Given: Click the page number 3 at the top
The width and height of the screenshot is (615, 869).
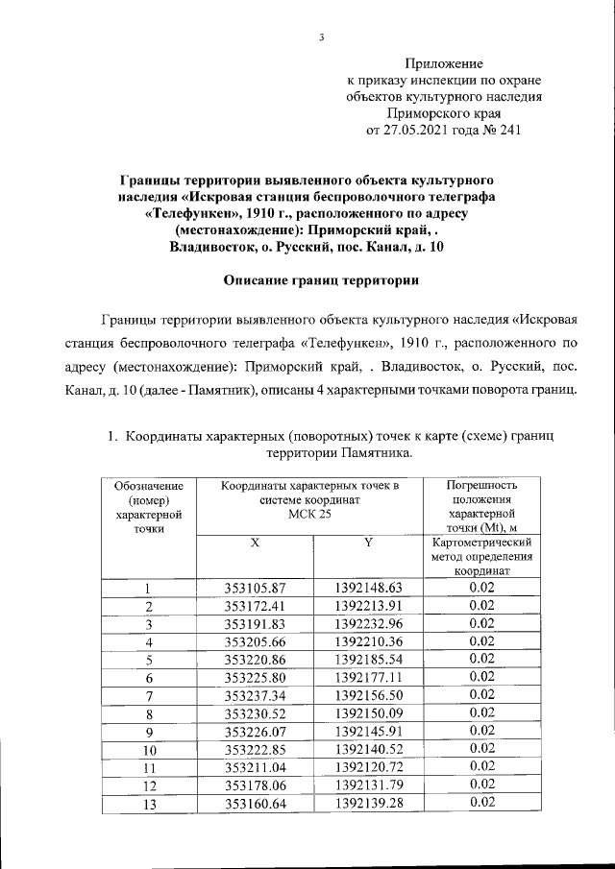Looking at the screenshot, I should pos(323,38).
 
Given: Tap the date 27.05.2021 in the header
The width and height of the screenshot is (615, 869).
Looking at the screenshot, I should pos(414,131).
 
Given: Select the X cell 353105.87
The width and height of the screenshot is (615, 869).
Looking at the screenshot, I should pos(256,589).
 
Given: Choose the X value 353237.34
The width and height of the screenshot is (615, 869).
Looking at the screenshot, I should pos(256,693).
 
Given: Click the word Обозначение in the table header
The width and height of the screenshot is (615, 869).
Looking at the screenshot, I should pos(148,486).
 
